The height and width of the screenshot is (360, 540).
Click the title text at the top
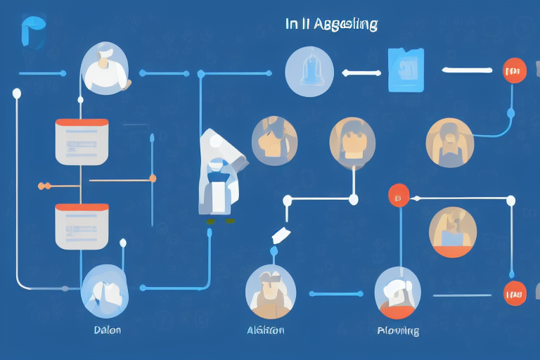pos(332,25)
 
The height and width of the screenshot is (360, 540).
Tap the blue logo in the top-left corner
pos(33,32)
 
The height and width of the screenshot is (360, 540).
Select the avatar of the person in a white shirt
pos(105,68)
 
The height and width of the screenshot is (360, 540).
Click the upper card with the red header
pos(82,141)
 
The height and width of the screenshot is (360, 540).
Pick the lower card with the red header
pos(82,226)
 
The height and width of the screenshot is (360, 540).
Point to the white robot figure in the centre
pos(219,174)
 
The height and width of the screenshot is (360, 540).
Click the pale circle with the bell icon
pos(309,72)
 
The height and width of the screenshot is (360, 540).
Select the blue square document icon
pos(406,70)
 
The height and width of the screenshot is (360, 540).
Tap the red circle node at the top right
pos(515,70)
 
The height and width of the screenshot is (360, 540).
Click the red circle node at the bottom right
pos(515,293)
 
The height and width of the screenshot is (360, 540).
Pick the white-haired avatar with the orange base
pos(397,292)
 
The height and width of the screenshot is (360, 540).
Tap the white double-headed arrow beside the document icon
pos(360,71)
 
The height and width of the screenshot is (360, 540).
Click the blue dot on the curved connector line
pos(510,112)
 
